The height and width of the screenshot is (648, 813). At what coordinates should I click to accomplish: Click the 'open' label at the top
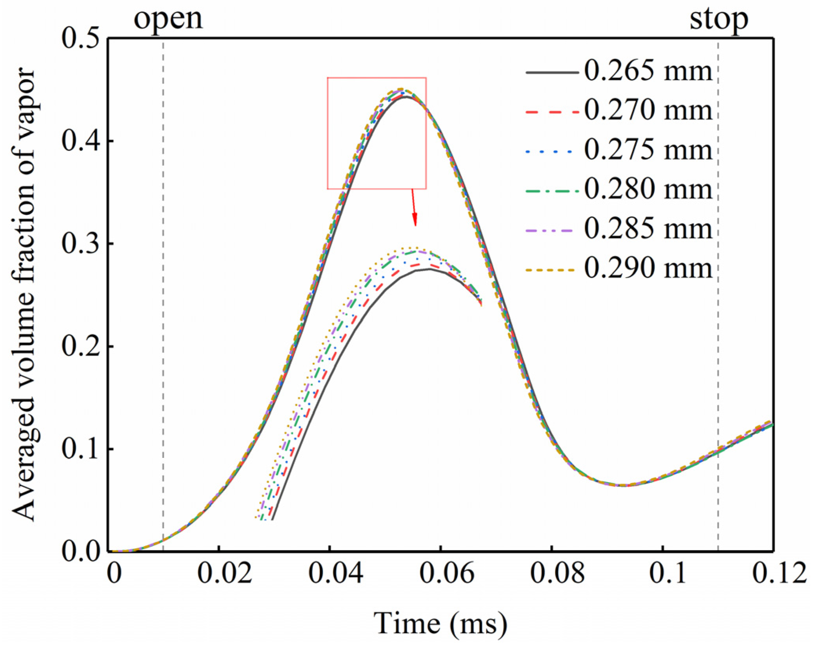(x=168, y=19)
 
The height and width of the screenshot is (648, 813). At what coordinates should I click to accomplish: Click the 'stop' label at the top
(x=718, y=19)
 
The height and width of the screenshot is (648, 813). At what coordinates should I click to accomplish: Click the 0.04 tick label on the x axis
(x=335, y=574)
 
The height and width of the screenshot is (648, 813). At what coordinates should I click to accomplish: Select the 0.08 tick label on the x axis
(x=557, y=574)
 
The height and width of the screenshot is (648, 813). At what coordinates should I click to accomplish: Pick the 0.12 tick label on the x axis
(x=778, y=574)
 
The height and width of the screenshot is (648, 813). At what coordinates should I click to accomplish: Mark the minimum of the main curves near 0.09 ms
(x=624, y=485)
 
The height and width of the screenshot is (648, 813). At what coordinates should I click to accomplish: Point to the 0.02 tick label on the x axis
(x=224, y=574)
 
